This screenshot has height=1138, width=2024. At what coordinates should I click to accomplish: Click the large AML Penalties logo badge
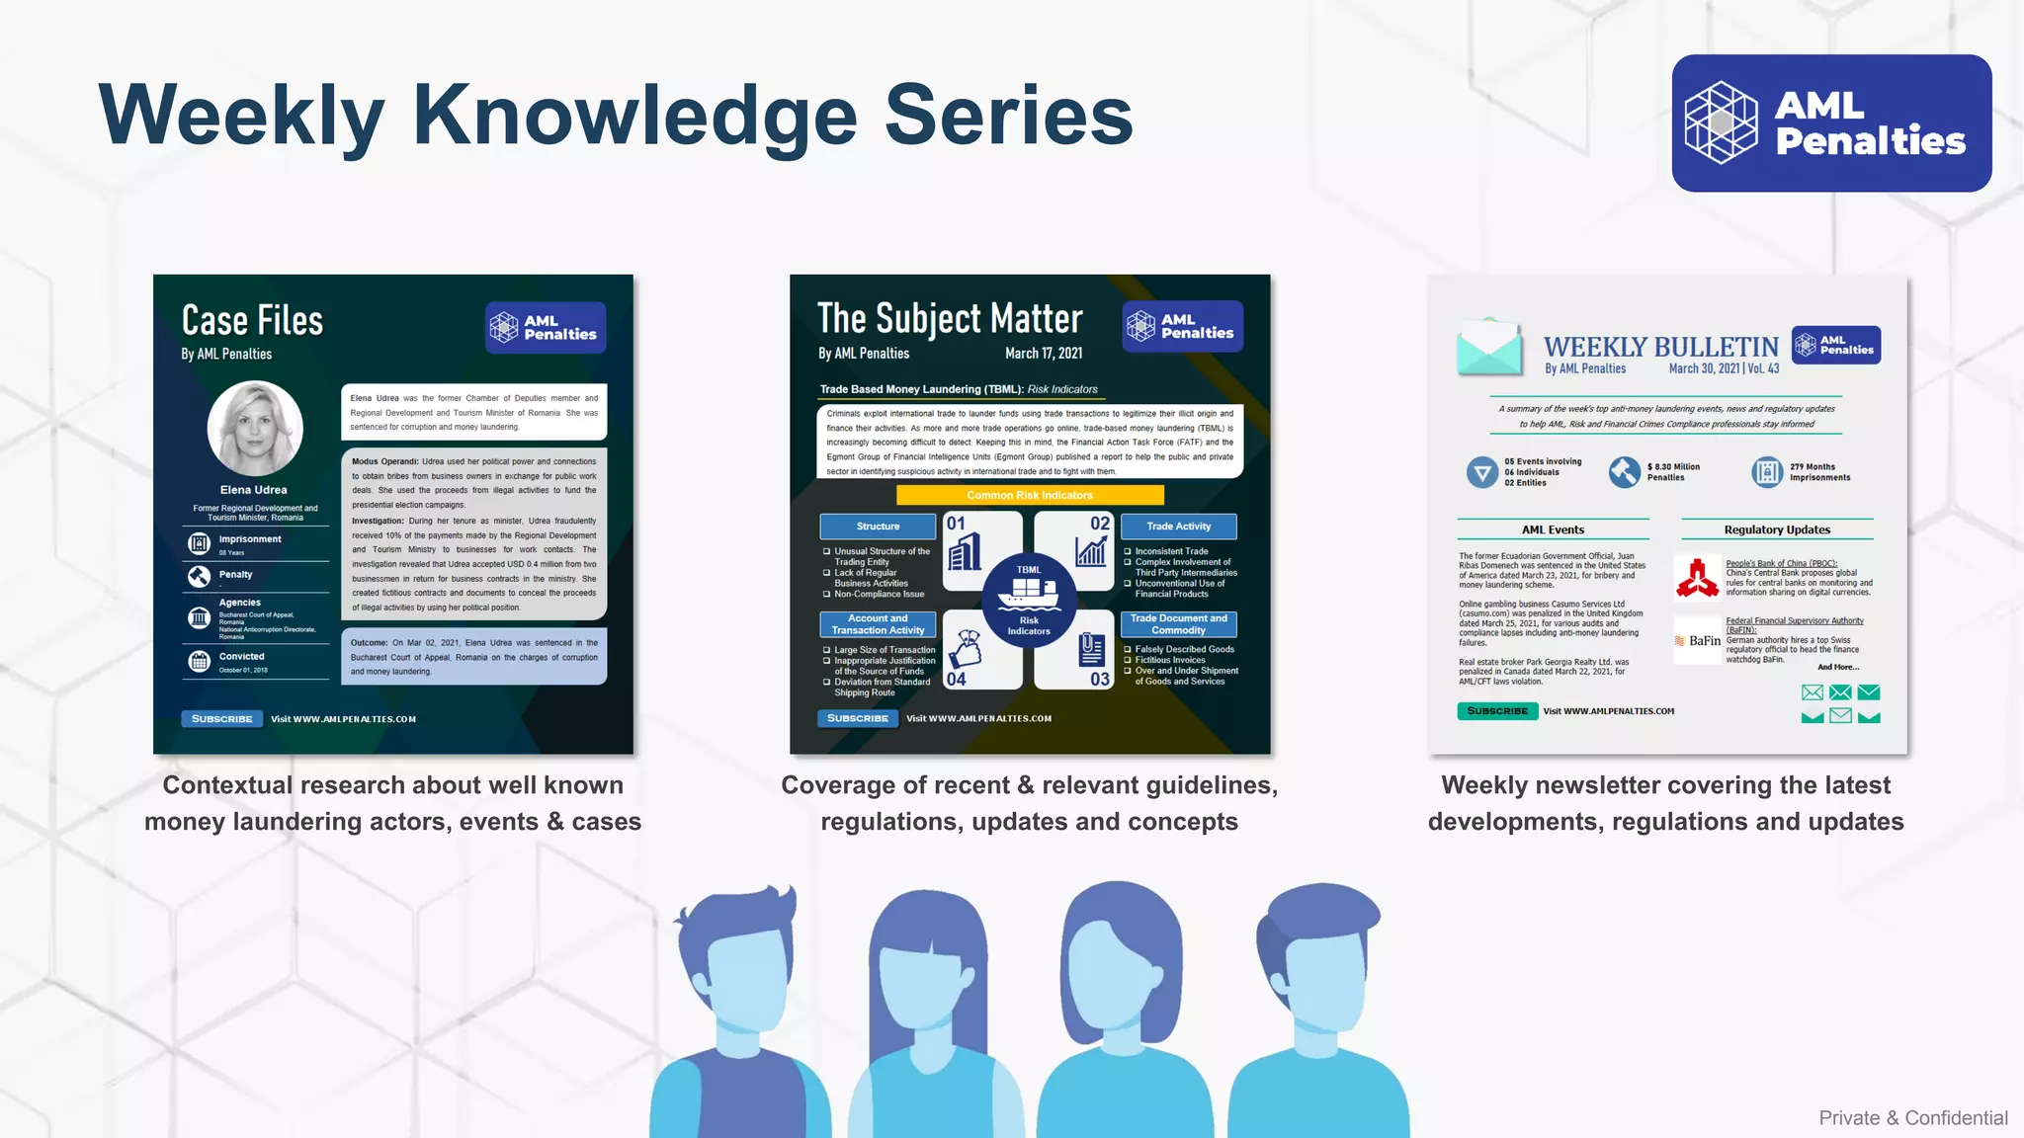point(1831,123)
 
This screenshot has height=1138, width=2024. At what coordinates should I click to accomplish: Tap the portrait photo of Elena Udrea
point(255,428)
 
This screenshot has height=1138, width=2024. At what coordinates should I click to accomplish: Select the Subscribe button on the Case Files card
point(222,719)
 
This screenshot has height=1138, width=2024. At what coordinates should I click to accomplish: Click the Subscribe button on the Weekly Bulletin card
point(1496,711)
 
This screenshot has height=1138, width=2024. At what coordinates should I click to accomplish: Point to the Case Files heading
point(253,321)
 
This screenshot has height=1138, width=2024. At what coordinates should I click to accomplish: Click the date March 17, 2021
point(1043,354)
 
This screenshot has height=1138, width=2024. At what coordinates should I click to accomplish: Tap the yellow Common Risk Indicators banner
point(1030,495)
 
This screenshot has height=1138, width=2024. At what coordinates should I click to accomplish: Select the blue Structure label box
point(878,527)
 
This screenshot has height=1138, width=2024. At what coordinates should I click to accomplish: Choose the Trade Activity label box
point(1178,527)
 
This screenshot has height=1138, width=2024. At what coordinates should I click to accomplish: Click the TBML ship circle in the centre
point(1029,599)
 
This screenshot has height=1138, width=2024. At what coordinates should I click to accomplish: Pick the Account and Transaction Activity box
point(878,624)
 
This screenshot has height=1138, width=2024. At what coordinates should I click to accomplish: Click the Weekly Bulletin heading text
point(1660,348)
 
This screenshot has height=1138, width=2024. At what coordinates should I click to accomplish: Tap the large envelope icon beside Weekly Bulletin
point(1488,348)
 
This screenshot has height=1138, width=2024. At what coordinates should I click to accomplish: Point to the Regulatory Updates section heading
point(1777,529)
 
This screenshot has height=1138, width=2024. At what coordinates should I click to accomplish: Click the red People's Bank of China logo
point(1697,579)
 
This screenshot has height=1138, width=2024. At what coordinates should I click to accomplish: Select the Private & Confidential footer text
point(1912,1118)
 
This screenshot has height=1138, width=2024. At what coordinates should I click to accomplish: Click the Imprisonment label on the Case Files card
point(250,539)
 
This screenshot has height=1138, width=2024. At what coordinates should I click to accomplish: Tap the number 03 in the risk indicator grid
point(1099,680)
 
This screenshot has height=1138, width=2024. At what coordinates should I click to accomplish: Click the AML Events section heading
point(1553,529)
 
